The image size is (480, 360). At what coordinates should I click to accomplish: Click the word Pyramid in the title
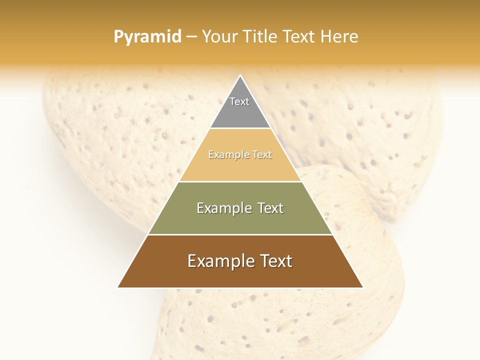(x=147, y=37)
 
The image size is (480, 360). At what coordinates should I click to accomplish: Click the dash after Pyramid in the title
(x=191, y=37)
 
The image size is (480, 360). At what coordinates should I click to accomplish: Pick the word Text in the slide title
(x=299, y=37)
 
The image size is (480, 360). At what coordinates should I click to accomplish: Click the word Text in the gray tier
(x=239, y=101)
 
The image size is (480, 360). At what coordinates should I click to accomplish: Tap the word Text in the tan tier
(x=261, y=155)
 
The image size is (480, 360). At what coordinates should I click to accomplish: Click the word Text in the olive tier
(x=271, y=208)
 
